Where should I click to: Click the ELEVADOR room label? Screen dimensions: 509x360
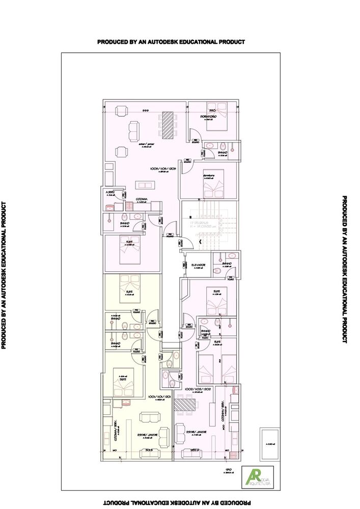[198, 265]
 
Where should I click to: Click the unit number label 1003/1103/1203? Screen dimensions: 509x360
[163, 168]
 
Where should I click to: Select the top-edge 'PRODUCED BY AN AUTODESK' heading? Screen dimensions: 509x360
[171, 42]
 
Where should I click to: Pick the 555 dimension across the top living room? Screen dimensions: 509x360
[145, 110]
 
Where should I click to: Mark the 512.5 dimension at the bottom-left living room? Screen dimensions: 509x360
[149, 450]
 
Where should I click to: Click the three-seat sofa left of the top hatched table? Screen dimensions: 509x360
[133, 131]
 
